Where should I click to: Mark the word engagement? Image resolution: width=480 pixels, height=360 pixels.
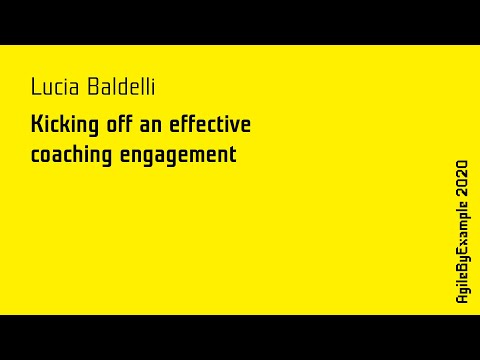coord(178,156)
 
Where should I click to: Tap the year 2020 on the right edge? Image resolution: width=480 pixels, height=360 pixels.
coord(462,176)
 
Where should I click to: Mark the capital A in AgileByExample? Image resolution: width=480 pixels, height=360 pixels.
coord(462,300)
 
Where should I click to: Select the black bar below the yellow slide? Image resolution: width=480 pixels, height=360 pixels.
coord(240,337)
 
